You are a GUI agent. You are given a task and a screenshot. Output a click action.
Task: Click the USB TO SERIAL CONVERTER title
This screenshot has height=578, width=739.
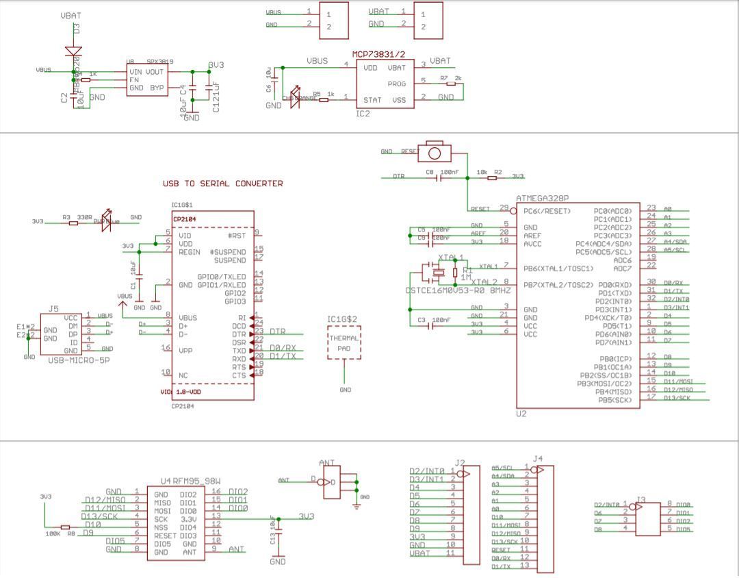(x=222, y=184)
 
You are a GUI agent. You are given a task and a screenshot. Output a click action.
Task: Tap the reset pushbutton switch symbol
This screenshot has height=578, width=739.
(x=435, y=150)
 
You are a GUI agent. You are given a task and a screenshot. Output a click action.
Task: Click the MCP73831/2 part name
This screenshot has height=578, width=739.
(x=378, y=53)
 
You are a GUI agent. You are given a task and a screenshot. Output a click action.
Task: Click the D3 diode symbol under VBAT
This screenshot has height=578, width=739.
(x=74, y=50)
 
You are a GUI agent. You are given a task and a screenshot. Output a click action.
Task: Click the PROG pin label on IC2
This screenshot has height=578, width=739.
(x=397, y=84)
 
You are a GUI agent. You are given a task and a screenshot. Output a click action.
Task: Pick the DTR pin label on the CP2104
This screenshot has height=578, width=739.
(x=239, y=334)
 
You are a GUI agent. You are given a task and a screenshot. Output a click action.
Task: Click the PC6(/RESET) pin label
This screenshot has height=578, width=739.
(x=543, y=211)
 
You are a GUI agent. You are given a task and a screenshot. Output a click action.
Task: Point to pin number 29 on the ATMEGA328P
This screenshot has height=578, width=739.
(x=504, y=208)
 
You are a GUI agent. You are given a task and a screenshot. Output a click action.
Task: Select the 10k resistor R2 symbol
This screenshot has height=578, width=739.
(x=492, y=178)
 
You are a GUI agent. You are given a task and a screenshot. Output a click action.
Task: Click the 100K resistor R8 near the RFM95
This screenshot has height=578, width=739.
(x=65, y=528)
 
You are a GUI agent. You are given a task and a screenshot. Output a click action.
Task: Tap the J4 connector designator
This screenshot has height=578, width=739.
(x=538, y=459)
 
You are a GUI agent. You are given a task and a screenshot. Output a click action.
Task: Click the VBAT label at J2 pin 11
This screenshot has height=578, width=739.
(x=420, y=553)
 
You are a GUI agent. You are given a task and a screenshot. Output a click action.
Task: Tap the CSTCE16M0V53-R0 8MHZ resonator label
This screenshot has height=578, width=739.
(x=458, y=290)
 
